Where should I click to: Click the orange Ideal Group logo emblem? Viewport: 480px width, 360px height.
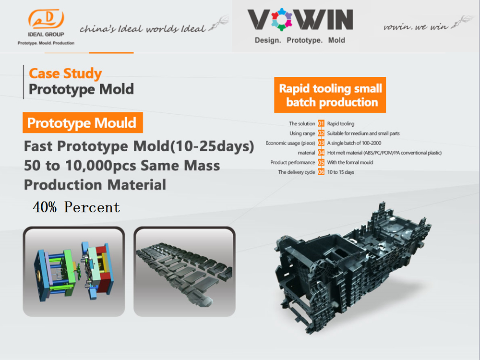coord(46,19)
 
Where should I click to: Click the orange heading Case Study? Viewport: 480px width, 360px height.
coord(65,73)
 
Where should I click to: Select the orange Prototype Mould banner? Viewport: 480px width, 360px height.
coord(83,122)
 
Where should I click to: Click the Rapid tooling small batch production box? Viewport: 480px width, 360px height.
coord(330,95)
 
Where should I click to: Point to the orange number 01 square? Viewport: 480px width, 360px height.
coord(321,123)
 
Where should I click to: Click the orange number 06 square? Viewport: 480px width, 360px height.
coord(321,172)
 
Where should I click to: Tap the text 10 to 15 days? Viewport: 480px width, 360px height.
coord(341,172)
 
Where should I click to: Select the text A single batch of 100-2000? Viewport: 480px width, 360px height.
coord(354,143)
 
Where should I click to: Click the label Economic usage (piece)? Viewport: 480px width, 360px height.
coord(290,143)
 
